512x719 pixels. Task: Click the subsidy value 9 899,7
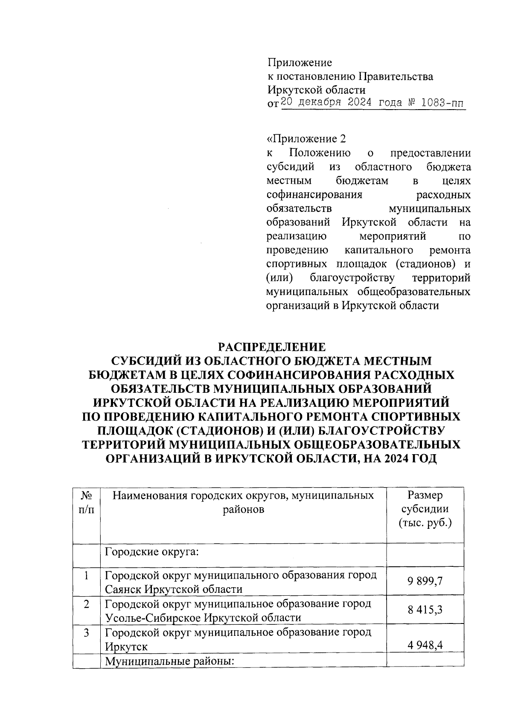pyautogui.click(x=425, y=582)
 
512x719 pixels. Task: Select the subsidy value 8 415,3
pyautogui.click(x=425, y=610)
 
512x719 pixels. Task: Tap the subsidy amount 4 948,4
pyautogui.click(x=425, y=645)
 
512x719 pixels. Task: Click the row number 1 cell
pyautogui.click(x=87, y=576)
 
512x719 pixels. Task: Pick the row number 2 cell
pyautogui.click(x=87, y=604)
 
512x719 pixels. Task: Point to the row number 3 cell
pyautogui.click(x=87, y=632)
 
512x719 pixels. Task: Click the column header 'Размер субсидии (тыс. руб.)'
pyautogui.click(x=425, y=509)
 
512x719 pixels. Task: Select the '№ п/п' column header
pyautogui.click(x=87, y=502)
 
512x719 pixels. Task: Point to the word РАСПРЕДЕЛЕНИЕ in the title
pyautogui.click(x=271, y=346)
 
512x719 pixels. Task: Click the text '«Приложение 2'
pyautogui.click(x=305, y=139)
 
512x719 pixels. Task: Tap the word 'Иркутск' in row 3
pyautogui.click(x=126, y=647)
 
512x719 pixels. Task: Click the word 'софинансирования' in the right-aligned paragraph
pyautogui.click(x=314, y=195)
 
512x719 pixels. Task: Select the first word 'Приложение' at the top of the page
pyautogui.click(x=300, y=63)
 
